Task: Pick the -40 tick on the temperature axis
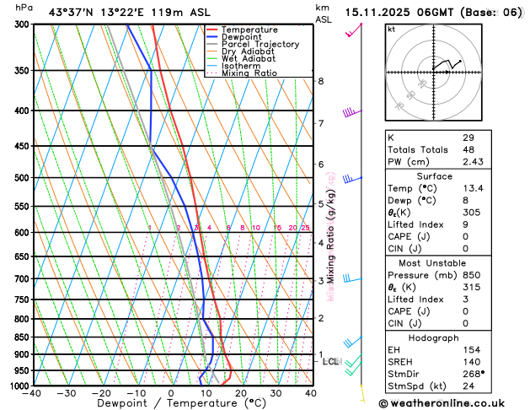tap(33, 393)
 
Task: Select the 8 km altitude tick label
tap(321, 81)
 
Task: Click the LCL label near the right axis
tap(330, 362)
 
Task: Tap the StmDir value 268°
tap(474, 373)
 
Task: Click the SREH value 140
tap(471, 361)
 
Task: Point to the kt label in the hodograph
tap(391, 30)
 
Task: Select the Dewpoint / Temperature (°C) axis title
tap(172, 404)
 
